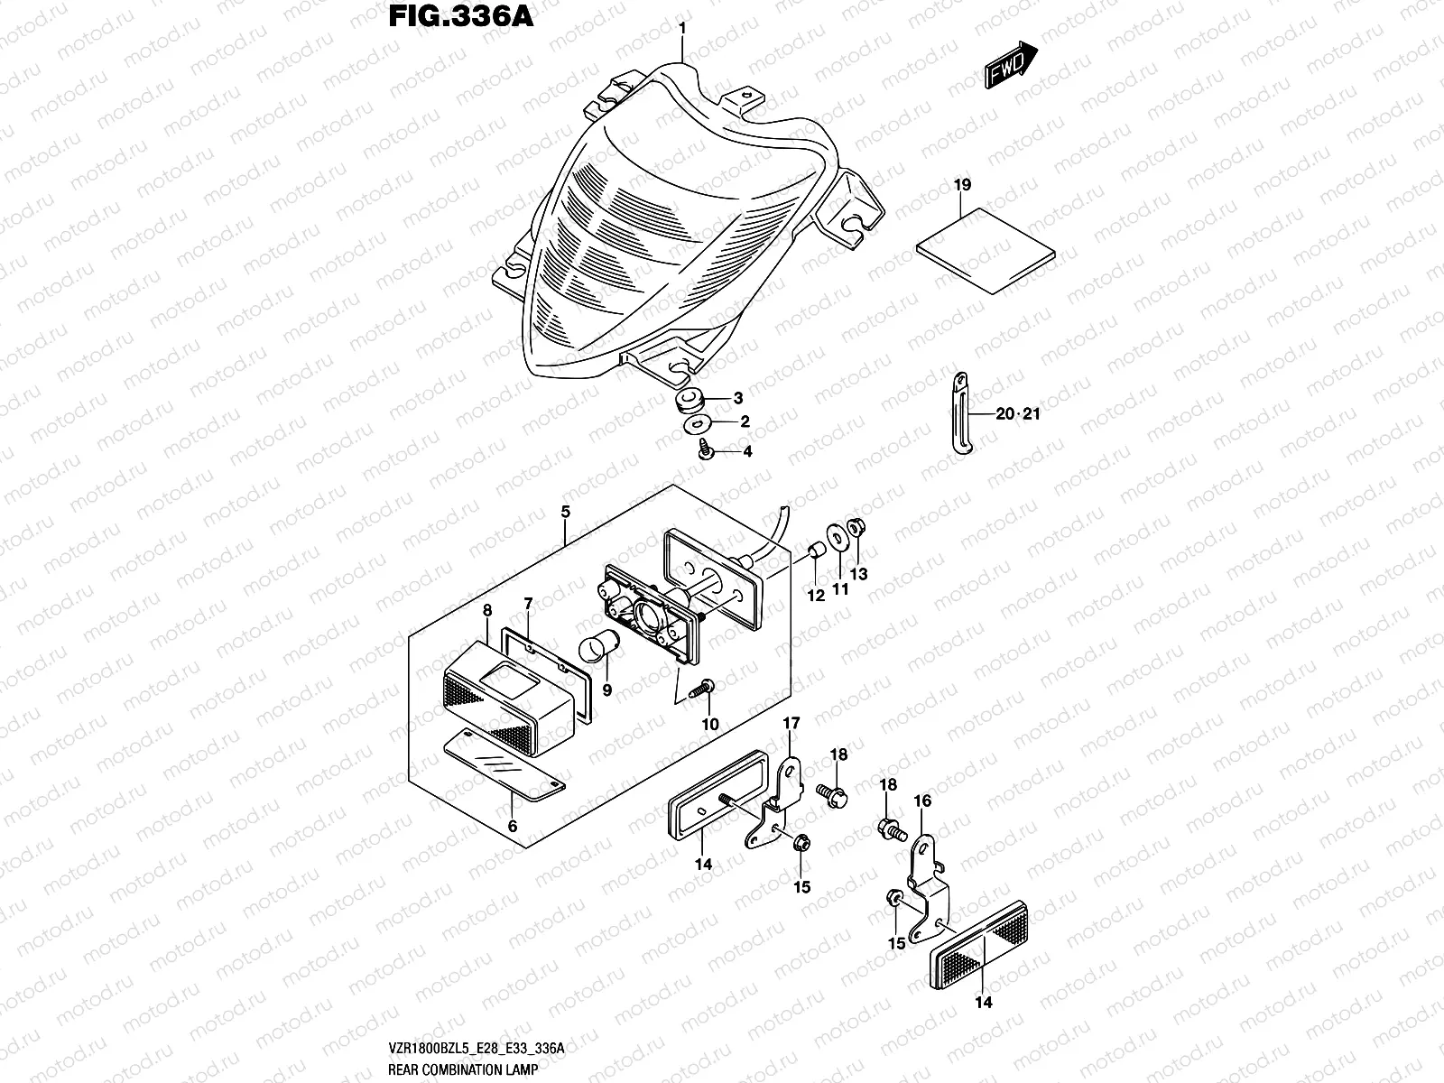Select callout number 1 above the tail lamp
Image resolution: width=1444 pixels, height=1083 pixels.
pyautogui.click(x=682, y=28)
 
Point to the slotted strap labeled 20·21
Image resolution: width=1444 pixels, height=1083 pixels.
pyautogui.click(x=962, y=412)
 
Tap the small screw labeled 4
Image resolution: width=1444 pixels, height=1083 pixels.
pyautogui.click(x=706, y=448)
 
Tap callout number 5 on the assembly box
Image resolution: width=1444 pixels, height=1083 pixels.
pyautogui.click(x=565, y=512)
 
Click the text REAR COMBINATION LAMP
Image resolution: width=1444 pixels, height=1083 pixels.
pyautogui.click(x=463, y=1069)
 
